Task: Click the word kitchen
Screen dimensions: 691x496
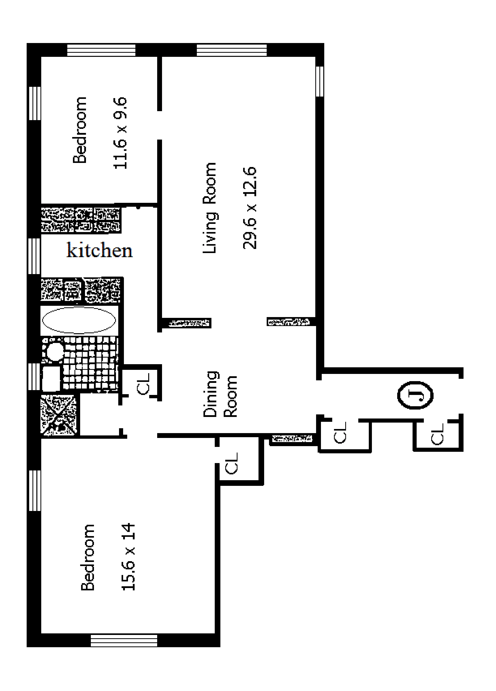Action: [x=100, y=251]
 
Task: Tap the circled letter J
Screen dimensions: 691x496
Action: [x=415, y=395]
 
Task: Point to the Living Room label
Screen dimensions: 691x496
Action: [x=210, y=208]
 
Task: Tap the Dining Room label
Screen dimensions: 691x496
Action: [x=220, y=394]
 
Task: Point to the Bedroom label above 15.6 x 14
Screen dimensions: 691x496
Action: [x=88, y=557]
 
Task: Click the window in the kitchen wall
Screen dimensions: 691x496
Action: [x=34, y=256]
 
